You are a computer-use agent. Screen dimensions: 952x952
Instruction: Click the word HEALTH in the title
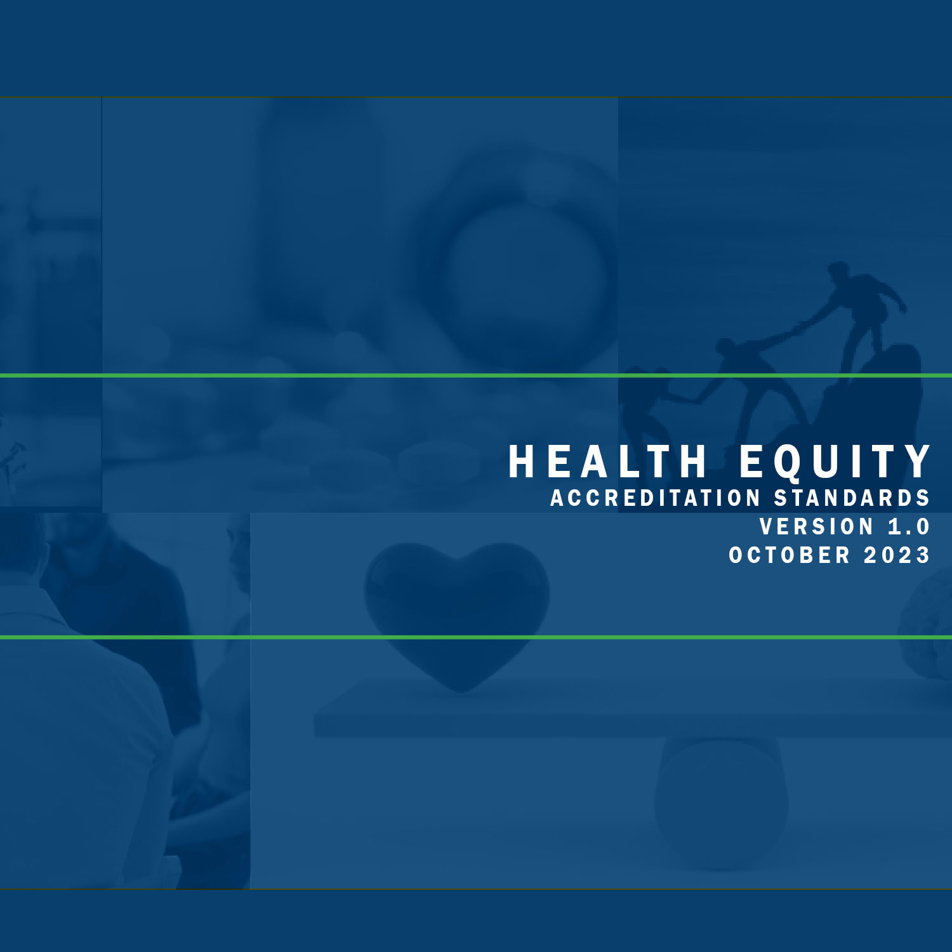click(607, 461)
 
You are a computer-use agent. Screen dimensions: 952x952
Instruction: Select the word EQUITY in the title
click(835, 461)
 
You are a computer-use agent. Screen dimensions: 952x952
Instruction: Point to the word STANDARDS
click(852, 498)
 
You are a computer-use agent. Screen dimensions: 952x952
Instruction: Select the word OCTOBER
click(790, 555)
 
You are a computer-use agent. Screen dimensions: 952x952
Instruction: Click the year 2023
click(897, 555)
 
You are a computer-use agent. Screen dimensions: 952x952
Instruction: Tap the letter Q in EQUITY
click(788, 463)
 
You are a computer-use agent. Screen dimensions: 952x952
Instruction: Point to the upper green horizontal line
click(476, 376)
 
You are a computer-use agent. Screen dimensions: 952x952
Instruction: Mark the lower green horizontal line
click(476, 637)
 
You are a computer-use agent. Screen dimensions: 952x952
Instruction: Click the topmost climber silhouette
click(866, 311)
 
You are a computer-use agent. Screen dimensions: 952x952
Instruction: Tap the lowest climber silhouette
click(654, 406)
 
